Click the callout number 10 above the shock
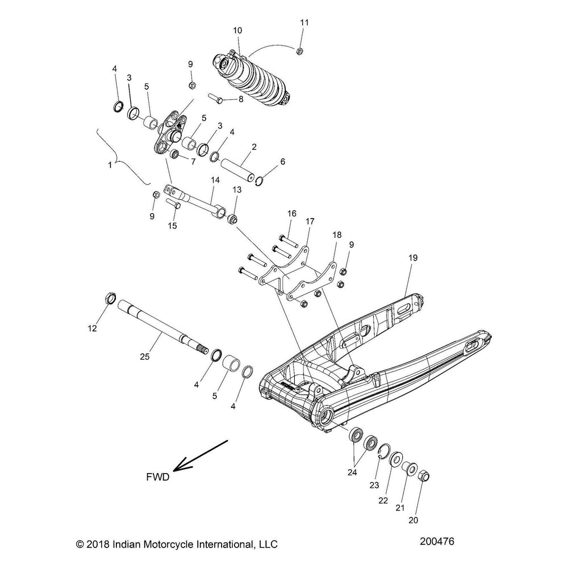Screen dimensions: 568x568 (237, 30)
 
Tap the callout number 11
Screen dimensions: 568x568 (304, 22)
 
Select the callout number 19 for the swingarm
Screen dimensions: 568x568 (413, 258)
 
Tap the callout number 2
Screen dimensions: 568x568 (254, 147)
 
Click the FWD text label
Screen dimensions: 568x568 (157, 478)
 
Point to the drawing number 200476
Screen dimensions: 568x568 (435, 542)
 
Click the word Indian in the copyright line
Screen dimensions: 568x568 (132, 545)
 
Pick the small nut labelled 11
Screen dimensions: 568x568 (300, 52)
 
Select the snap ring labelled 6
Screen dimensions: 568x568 (260, 181)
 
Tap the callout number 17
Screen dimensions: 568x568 (310, 220)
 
